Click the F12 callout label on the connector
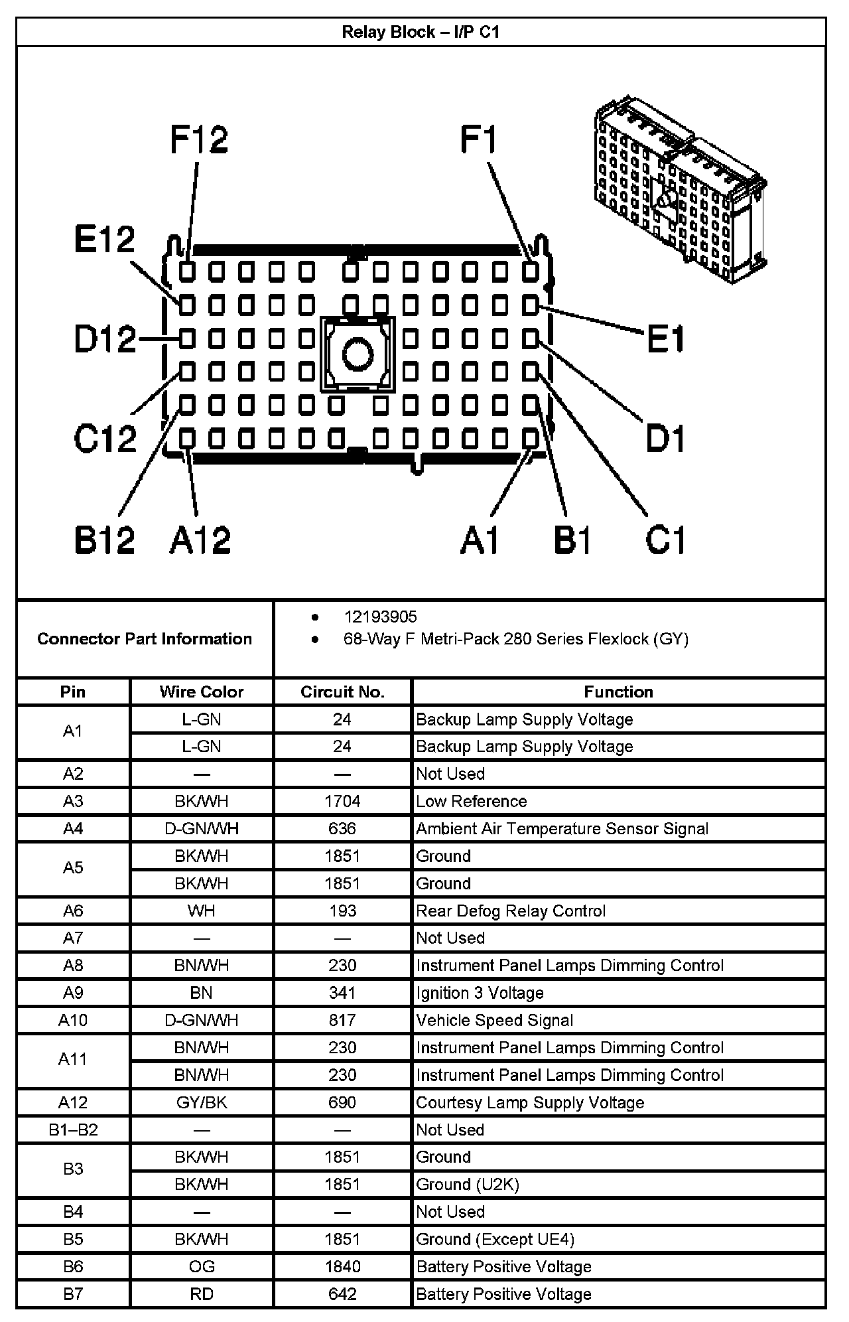[x=199, y=140]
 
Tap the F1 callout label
[x=478, y=140]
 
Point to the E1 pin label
[x=665, y=340]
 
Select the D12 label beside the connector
[x=105, y=339]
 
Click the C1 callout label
[x=665, y=539]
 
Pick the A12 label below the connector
[x=200, y=539]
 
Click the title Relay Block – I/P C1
[x=421, y=32]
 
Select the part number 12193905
[x=380, y=617]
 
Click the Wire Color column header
[x=202, y=692]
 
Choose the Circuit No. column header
[x=342, y=692]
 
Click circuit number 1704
[x=342, y=801]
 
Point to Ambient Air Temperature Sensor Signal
[x=562, y=829]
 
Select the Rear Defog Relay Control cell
[x=511, y=911]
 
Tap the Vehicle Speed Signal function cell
[x=494, y=1020]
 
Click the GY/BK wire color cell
[x=202, y=1102]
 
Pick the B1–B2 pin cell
[x=73, y=1130]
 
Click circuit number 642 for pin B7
[x=342, y=1293]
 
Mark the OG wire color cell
[x=202, y=1266]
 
